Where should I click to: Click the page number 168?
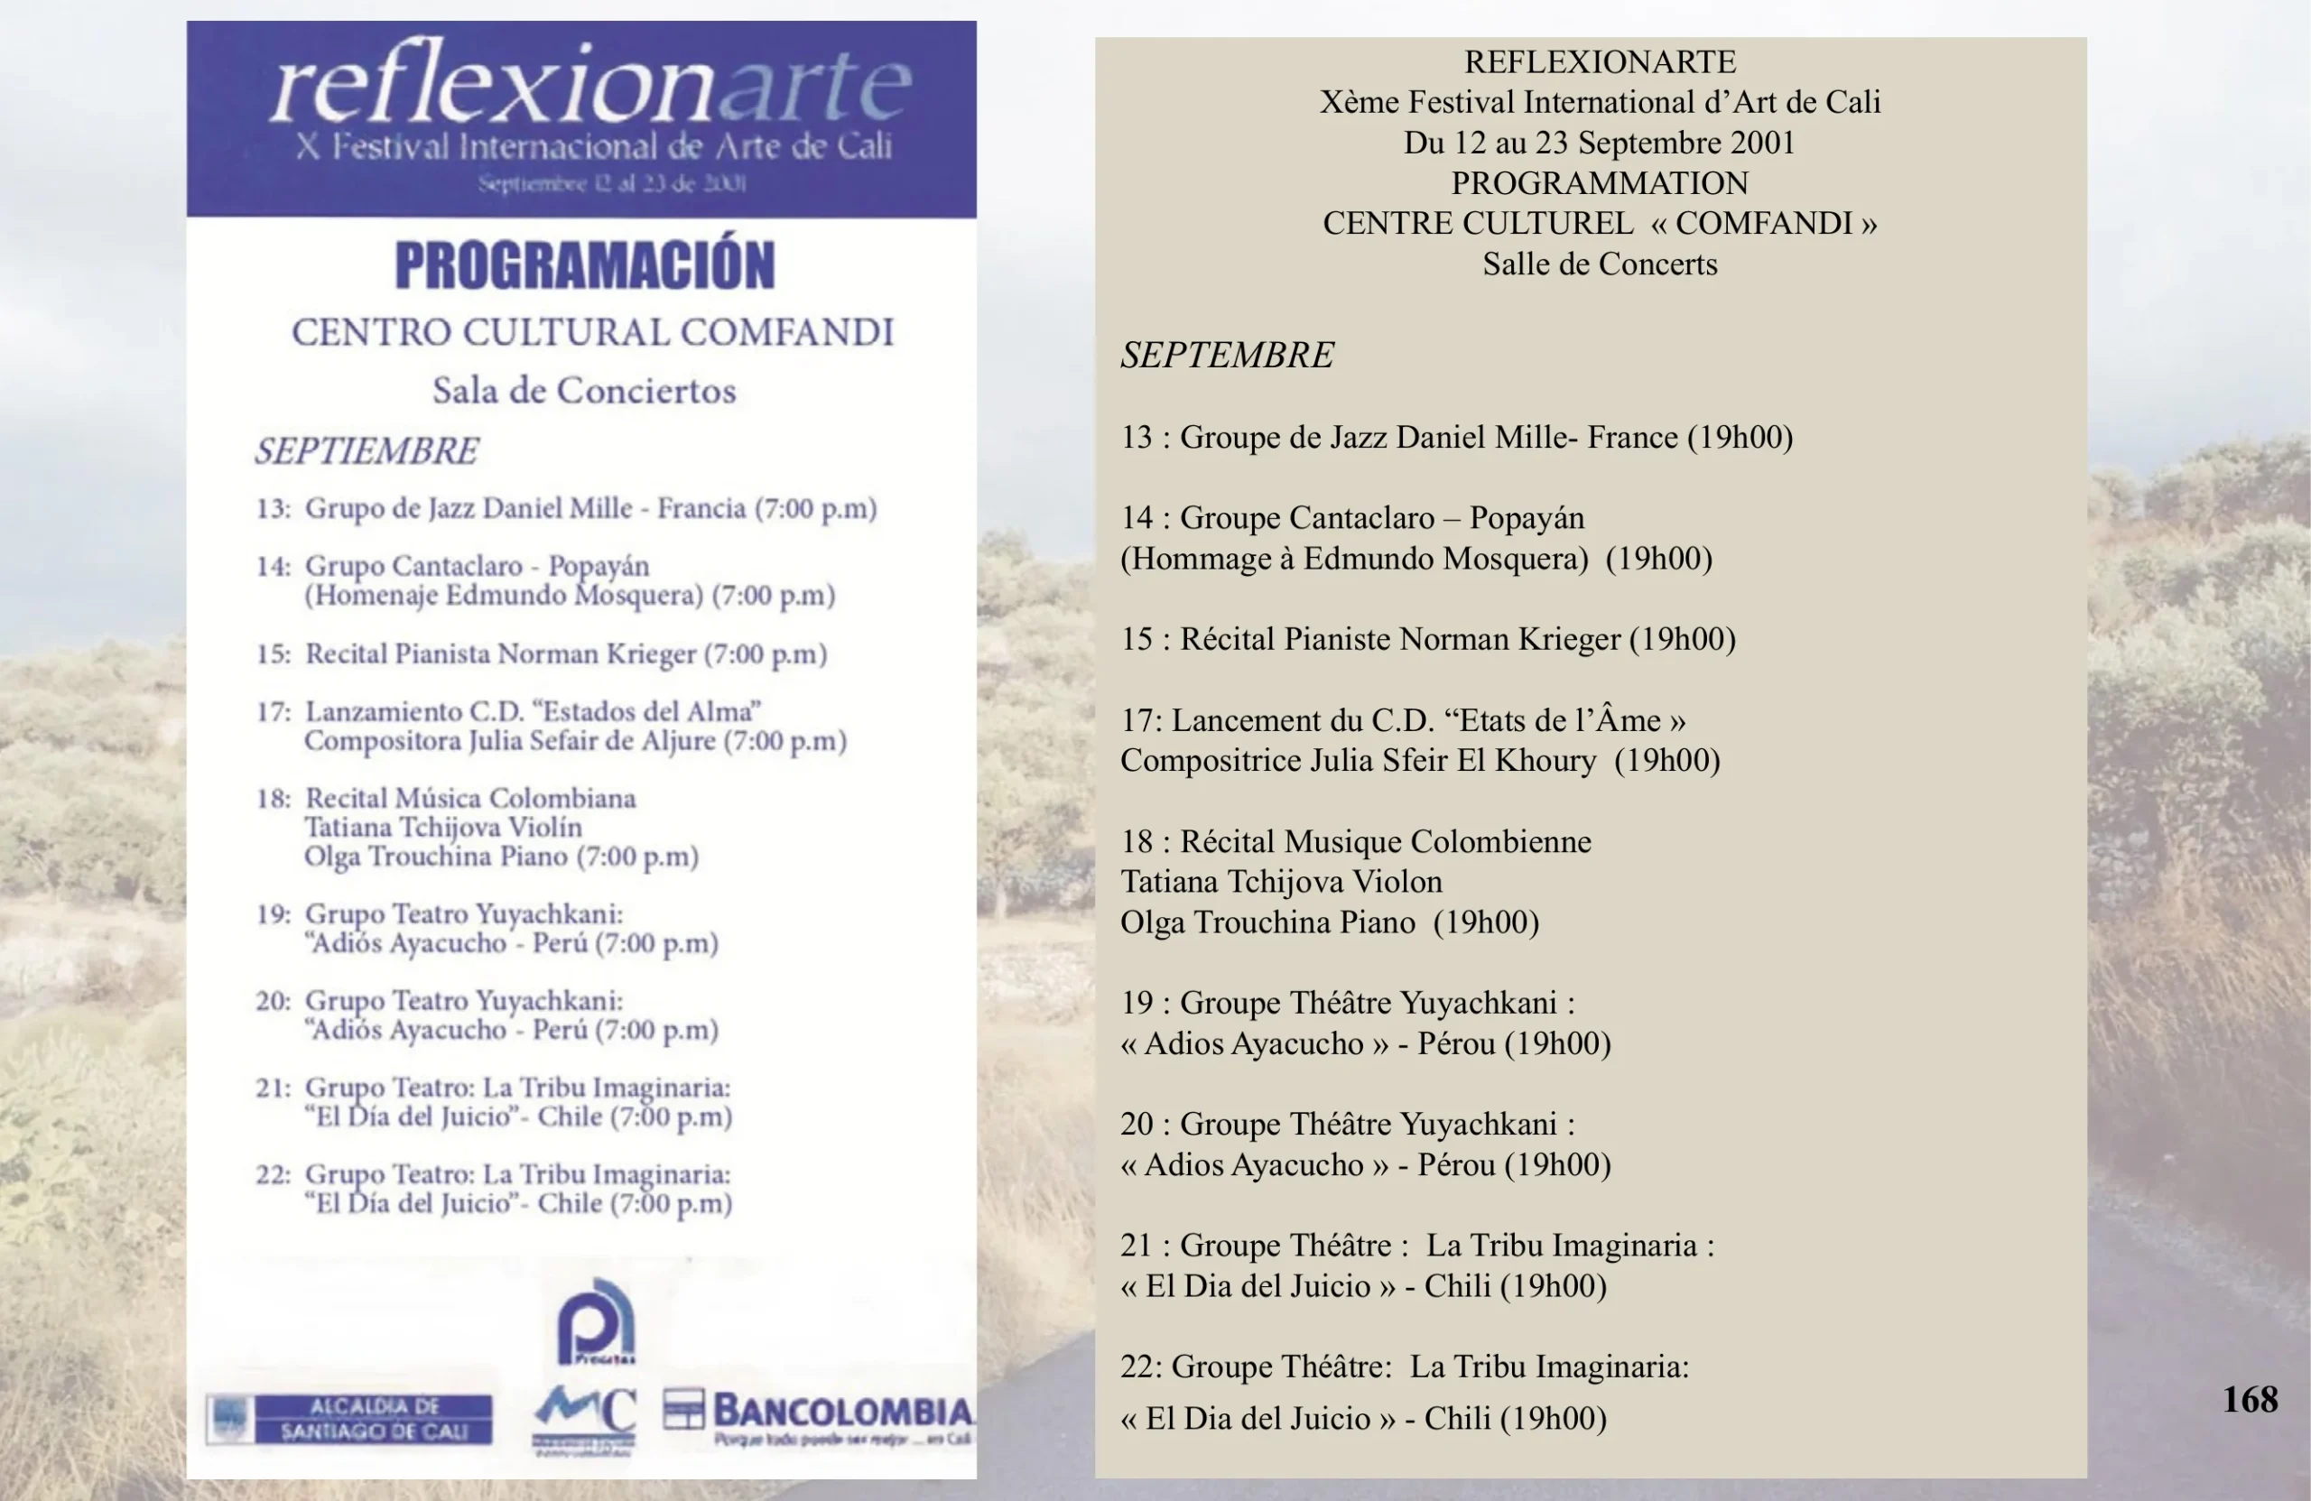tap(2249, 1399)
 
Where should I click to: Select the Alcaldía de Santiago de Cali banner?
tap(349, 1419)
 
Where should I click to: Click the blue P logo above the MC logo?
tap(596, 1321)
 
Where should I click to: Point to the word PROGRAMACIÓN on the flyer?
tap(585, 265)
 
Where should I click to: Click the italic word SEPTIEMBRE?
tap(367, 450)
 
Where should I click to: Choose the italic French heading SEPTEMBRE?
tap(1228, 356)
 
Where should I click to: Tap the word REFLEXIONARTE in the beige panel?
tap(1600, 62)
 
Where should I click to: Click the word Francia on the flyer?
tap(701, 509)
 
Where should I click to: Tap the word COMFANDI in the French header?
tap(1763, 223)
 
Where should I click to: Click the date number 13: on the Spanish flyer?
tap(273, 509)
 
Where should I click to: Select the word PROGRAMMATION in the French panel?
tap(1600, 182)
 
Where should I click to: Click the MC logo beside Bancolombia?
tap(586, 1415)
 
